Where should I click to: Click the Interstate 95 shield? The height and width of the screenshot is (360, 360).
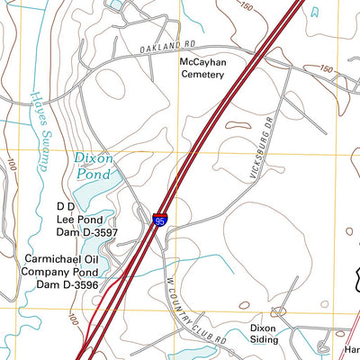159,217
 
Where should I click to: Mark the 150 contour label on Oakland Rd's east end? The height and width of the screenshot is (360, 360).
327,68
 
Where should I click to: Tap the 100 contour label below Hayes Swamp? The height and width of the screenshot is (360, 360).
13,166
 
